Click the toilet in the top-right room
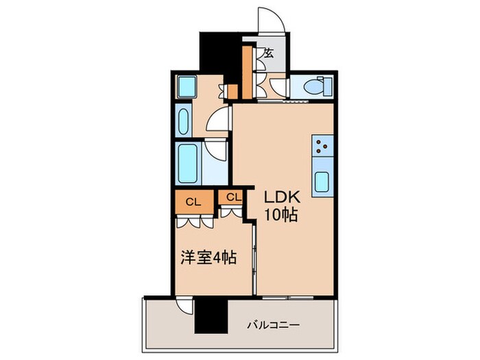coord(318,88)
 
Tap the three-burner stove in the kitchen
coord(322,145)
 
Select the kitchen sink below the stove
coord(322,182)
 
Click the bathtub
coord(187,163)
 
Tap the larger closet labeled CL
coord(193,202)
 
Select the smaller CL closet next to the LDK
coord(232,197)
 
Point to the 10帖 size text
coord(281,215)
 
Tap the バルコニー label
coord(274,326)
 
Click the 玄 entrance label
coord(268,53)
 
